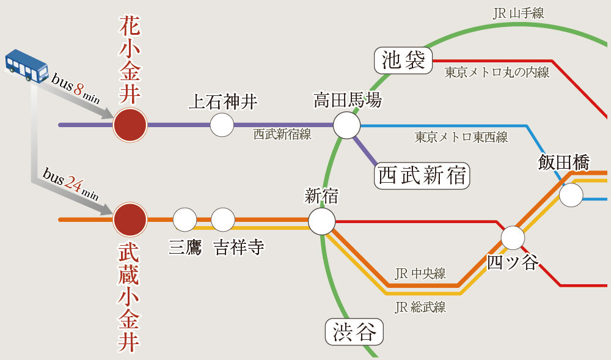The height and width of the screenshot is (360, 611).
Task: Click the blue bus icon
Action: pyautogui.click(x=27, y=65)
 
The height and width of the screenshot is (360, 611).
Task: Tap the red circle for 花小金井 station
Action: pyautogui.click(x=130, y=125)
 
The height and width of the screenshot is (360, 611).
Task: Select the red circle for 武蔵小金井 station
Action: pyautogui.click(x=130, y=219)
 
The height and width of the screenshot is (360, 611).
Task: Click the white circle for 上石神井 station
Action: pyautogui.click(x=222, y=125)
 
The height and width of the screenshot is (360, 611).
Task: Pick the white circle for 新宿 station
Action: pyautogui.click(x=321, y=221)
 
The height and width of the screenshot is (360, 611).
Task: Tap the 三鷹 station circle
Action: pyautogui.click(x=185, y=219)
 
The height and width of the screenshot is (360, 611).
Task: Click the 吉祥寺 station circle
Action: pyautogui.click(x=223, y=219)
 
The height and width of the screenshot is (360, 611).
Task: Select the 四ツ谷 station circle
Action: pyautogui.click(x=513, y=237)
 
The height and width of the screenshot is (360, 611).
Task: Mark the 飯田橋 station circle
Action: pyautogui.click(x=571, y=195)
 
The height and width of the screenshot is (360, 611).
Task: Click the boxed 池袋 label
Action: pyautogui.click(x=403, y=61)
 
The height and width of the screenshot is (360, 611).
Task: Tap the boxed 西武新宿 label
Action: pyautogui.click(x=422, y=176)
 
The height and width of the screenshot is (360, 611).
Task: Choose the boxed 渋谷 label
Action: pyautogui.click(x=354, y=332)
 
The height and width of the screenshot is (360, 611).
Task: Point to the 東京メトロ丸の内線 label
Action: pyautogui.click(x=497, y=73)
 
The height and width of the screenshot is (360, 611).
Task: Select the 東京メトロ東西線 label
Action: pyautogui.click(x=461, y=137)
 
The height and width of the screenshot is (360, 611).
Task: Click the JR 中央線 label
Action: pyautogui.click(x=420, y=273)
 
